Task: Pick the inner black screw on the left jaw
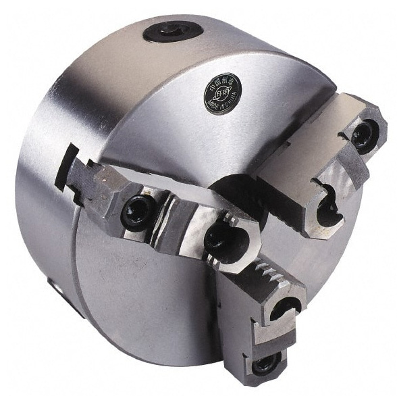(218, 237)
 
